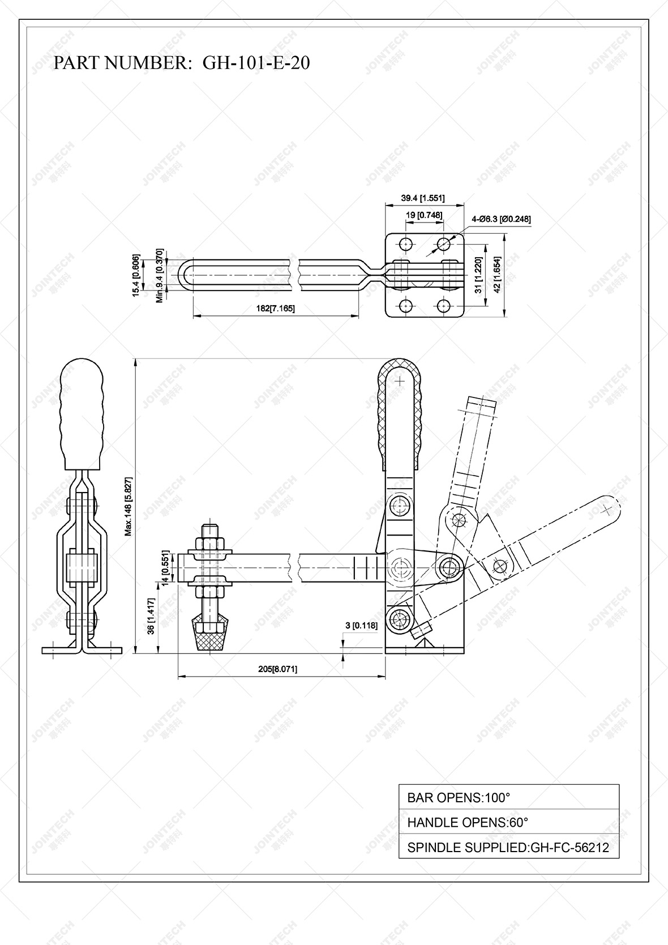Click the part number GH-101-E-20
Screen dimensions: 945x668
[256, 63]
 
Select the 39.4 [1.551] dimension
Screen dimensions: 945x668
[423, 198]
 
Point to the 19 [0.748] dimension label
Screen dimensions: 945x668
[424, 215]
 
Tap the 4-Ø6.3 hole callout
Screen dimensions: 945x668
[501, 219]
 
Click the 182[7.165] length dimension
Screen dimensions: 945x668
[276, 308]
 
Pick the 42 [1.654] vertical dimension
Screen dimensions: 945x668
[497, 275]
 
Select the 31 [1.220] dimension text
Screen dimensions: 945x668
[479, 275]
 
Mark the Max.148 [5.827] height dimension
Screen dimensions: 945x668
[129, 506]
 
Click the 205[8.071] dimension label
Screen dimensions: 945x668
[277, 669]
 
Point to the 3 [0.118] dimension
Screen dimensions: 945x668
[361, 625]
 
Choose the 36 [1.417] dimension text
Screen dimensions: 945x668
[151, 617]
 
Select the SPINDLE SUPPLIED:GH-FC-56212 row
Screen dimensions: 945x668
[508, 848]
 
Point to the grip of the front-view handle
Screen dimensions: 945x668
[82, 413]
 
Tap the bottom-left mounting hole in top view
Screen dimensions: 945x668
[405, 306]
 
